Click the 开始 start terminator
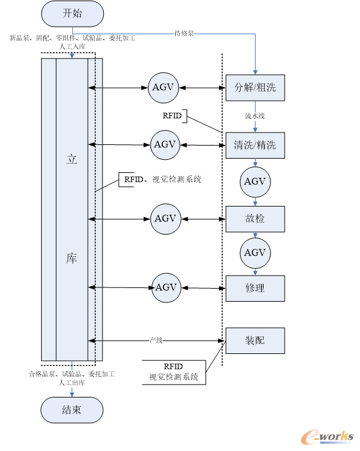tap(73, 14)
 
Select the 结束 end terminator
tap(72, 410)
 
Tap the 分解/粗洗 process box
tap(255, 88)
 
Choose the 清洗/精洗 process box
tap(255, 145)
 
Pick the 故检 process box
tap(255, 219)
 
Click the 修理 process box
tap(255, 288)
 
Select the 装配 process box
tap(255, 340)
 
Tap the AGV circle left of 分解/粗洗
tap(164, 88)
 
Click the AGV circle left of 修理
tap(166, 287)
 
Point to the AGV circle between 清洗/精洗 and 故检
tap(255, 182)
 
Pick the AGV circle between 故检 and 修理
tap(255, 253)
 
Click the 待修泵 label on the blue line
tap(184, 34)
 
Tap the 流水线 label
tap(255, 116)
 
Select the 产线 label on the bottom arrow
tap(156, 340)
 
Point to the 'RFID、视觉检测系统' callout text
tap(163, 180)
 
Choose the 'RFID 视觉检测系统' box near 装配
tap(174, 372)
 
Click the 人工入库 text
tap(72, 47)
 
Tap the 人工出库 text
tap(72, 383)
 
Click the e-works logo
tap(327, 437)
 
